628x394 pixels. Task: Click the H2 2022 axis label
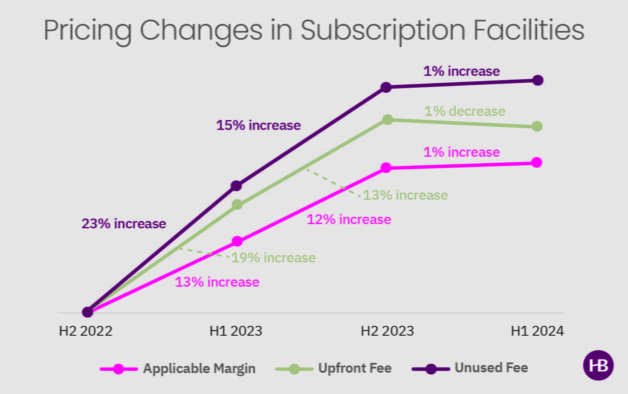[85, 331]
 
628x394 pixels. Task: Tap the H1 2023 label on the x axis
[236, 331]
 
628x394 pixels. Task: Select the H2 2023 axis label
[387, 331]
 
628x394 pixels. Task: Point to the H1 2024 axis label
[537, 331]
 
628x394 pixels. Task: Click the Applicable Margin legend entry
[199, 368]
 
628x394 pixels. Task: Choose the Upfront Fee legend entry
[354, 368]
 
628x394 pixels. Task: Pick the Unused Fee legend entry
[491, 368]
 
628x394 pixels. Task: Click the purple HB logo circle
[598, 365]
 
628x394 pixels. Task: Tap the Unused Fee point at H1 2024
[538, 80]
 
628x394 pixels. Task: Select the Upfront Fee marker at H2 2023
[388, 120]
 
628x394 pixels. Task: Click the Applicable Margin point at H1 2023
[237, 241]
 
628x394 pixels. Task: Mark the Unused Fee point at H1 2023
[236, 186]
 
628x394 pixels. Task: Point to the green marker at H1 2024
[537, 127]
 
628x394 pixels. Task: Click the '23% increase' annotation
[124, 224]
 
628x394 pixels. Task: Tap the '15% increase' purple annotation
[258, 125]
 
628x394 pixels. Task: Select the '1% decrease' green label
[465, 111]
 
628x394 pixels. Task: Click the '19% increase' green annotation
[273, 258]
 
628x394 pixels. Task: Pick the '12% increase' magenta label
[349, 219]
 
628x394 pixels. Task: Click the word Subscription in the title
[383, 31]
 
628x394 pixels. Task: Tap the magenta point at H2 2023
[386, 168]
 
